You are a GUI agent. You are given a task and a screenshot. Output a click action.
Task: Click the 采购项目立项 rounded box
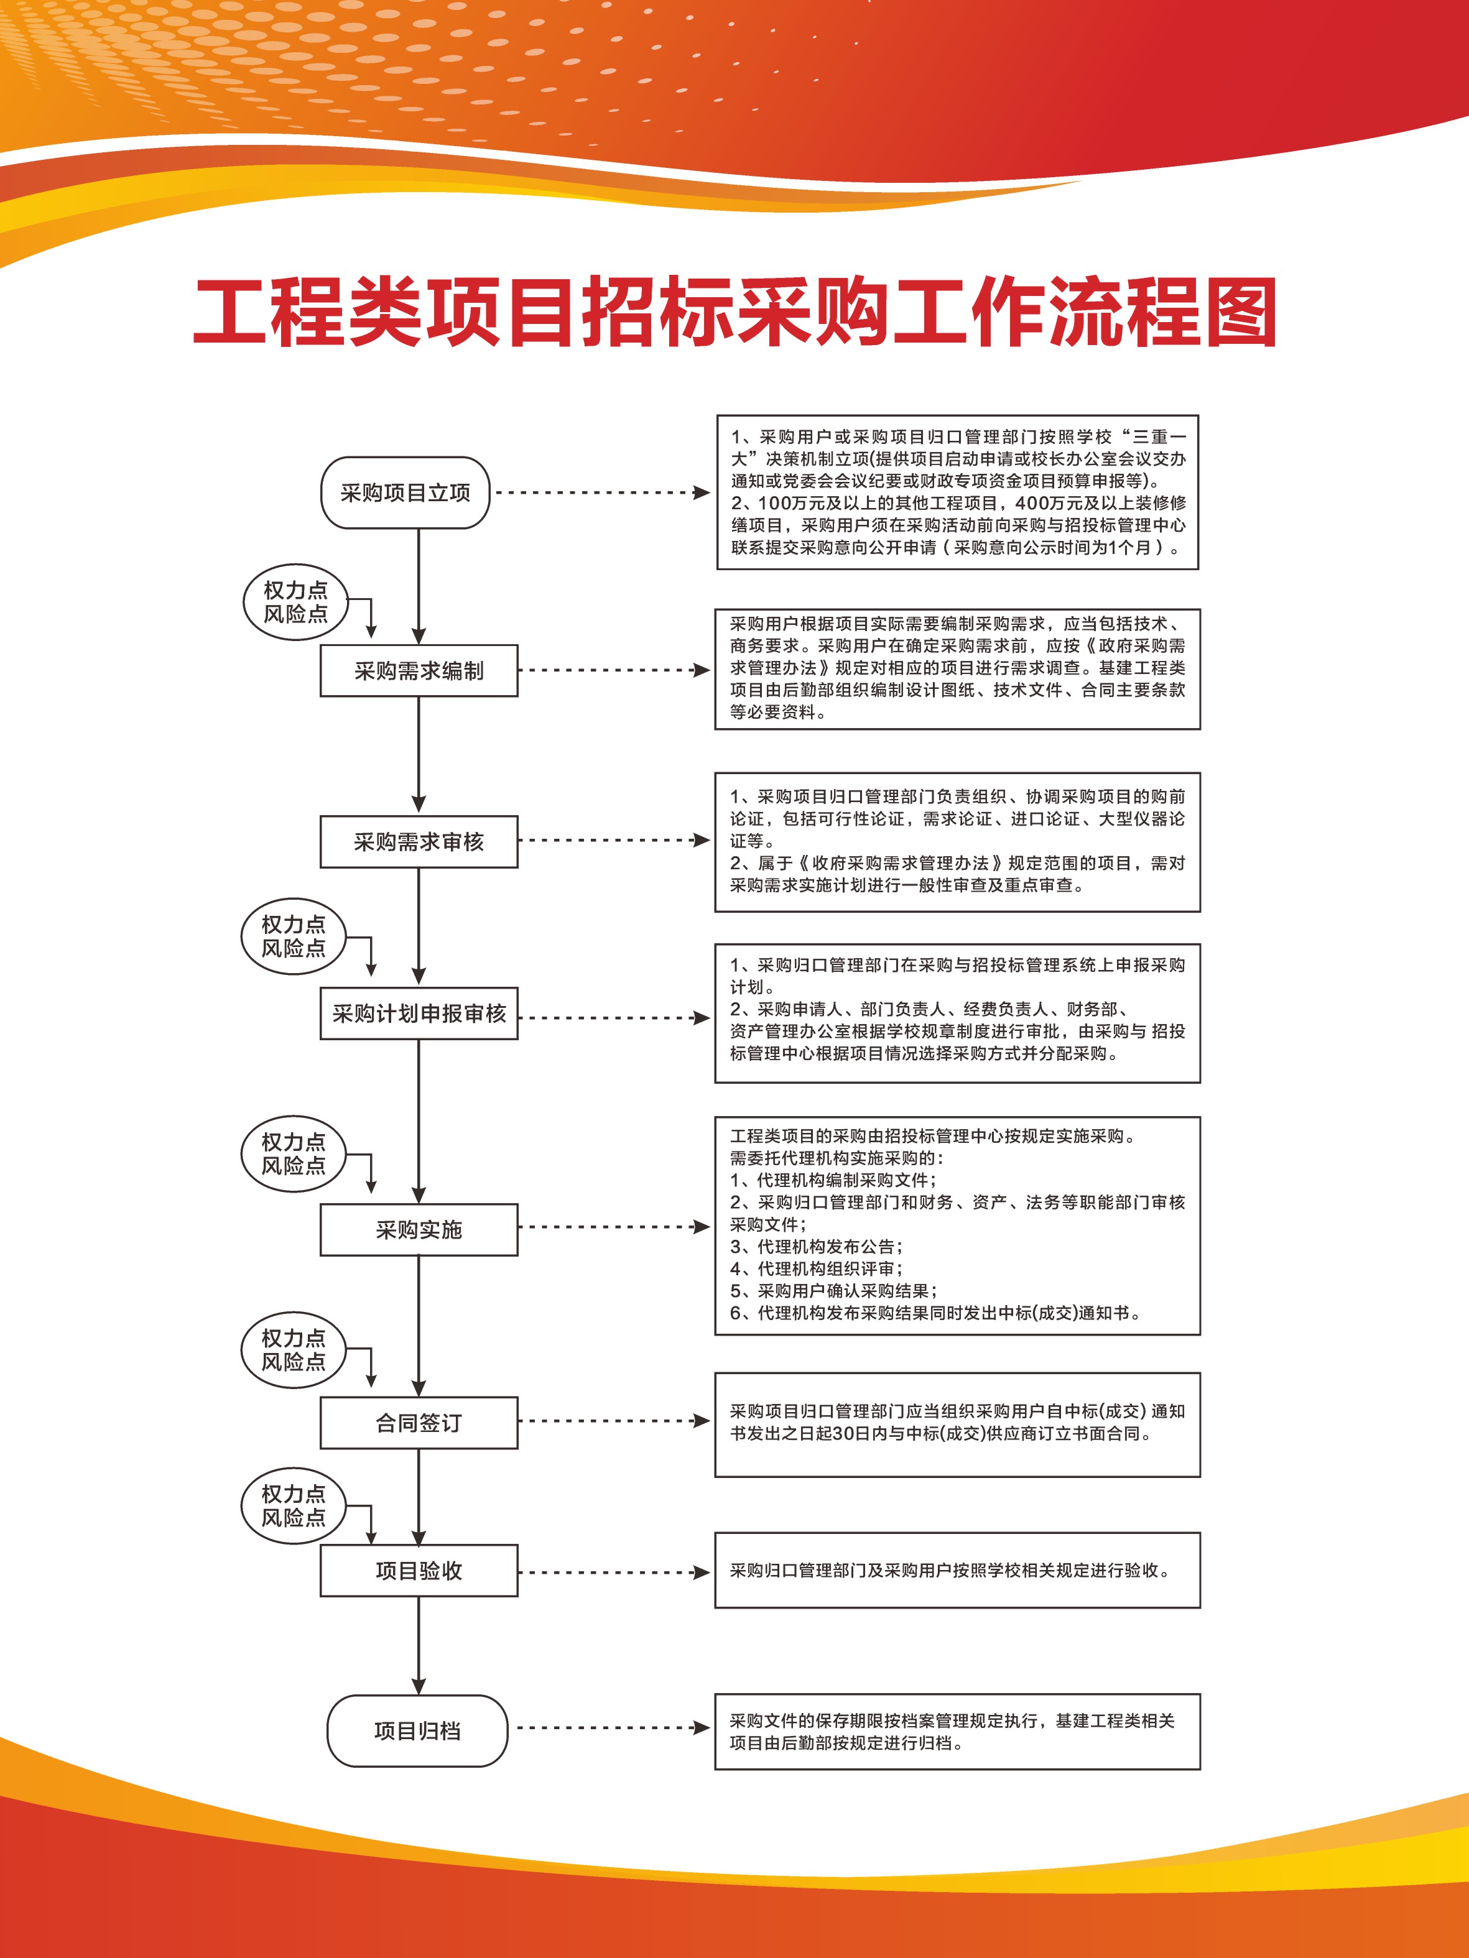click(405, 493)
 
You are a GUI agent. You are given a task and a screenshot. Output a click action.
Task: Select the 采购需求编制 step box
click(419, 671)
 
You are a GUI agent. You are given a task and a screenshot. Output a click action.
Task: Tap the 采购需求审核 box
click(419, 842)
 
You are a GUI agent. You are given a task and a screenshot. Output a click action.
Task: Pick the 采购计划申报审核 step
click(419, 1014)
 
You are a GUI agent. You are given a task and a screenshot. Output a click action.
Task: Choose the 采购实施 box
click(419, 1229)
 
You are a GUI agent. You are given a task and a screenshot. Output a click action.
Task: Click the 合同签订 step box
click(419, 1423)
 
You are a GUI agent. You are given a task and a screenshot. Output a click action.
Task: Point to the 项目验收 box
click(419, 1571)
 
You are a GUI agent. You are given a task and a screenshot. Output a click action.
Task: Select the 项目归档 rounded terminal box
click(417, 1732)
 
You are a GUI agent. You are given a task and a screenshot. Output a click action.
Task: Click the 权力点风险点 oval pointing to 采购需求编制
click(295, 602)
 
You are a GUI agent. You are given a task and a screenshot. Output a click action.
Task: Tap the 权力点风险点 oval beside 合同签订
click(293, 1350)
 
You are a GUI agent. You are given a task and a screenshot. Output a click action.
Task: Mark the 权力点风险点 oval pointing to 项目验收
click(293, 1506)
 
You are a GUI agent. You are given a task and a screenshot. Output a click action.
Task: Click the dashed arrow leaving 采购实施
click(614, 1227)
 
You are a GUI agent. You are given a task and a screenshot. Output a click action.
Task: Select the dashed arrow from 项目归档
click(614, 1728)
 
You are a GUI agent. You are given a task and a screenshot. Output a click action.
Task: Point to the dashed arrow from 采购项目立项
click(602, 492)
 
